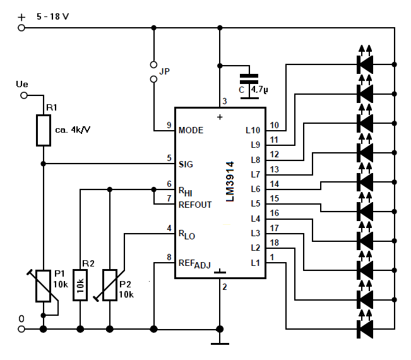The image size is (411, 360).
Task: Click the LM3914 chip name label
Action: (230, 182)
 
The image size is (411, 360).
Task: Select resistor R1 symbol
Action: (44, 130)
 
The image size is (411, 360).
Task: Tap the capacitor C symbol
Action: (249, 87)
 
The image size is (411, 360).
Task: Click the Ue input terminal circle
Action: (24, 95)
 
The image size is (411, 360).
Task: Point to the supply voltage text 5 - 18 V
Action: (52, 17)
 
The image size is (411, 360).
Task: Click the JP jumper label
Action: (164, 71)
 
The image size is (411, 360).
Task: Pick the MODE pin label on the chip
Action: (191, 130)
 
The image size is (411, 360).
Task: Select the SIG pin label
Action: (186, 164)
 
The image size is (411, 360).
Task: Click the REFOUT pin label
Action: (195, 205)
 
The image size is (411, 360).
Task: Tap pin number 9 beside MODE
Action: (169, 125)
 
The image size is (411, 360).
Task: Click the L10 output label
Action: (253, 130)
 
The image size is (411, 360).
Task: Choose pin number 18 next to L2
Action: (274, 243)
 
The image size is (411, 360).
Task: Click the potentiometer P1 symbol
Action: (44, 286)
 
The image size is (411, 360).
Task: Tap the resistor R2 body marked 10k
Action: (80, 285)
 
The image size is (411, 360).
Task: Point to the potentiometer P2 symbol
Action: (110, 285)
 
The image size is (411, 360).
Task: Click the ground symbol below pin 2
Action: (220, 344)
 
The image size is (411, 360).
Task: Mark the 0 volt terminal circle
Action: (21, 329)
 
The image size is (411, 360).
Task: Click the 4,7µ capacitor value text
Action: (259, 90)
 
